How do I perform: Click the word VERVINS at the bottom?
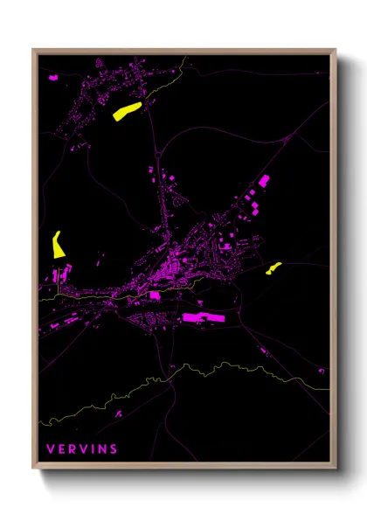82,449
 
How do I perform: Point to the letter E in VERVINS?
61,449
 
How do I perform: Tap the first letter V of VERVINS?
51,449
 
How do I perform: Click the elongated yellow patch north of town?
127,110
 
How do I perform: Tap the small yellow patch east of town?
274,267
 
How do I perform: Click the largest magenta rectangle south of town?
204,317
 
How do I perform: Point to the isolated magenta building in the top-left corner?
54,78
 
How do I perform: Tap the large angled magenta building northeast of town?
261,184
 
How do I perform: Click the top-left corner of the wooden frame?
34,51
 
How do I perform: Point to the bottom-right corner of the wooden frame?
335,468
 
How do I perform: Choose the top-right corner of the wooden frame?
335,51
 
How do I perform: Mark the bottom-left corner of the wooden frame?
34,468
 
